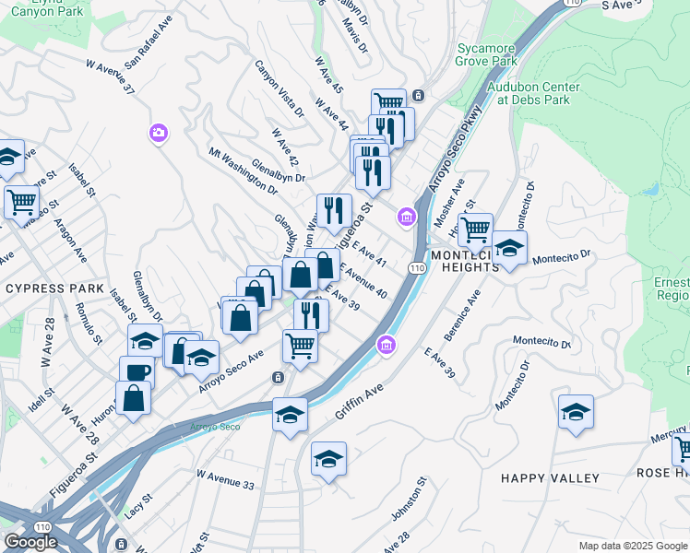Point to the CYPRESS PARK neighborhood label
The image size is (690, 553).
[x=54, y=288]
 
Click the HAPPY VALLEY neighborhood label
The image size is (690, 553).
[x=550, y=478]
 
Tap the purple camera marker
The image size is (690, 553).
[x=158, y=134]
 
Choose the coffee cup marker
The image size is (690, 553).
[x=137, y=372]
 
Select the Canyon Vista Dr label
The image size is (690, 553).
[x=280, y=88]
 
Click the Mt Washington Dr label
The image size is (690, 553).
[x=243, y=171]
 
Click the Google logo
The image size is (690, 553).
[x=30, y=542]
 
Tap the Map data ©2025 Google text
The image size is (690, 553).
[x=632, y=546]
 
